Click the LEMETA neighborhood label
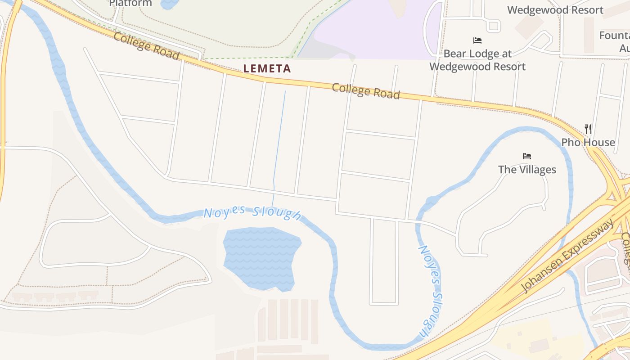pos(267,69)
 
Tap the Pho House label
pos(588,142)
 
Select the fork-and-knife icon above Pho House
pos(588,129)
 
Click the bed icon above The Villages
pos(527,156)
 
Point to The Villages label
pos(527,170)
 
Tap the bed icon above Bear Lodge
pos(477,40)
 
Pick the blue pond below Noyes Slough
pos(261,256)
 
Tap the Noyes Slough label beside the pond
pos(252,213)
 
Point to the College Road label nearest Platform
pos(146,45)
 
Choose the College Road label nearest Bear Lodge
pos(365,91)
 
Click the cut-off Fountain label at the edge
pos(615,36)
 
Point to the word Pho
pos(570,142)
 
